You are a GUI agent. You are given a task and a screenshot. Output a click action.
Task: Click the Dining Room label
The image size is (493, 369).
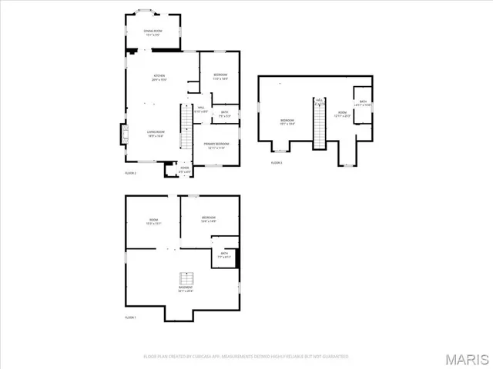(153, 32)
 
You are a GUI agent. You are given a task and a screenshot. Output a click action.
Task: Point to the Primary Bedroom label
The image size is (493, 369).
(215, 145)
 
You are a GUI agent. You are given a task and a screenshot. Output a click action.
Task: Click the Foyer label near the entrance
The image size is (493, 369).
(185, 170)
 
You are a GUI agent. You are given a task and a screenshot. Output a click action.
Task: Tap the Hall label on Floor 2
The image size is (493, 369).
(200, 110)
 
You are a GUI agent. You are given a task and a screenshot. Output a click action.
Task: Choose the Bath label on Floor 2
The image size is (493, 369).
(224, 114)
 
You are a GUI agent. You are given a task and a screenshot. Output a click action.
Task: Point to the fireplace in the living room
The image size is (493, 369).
(123, 134)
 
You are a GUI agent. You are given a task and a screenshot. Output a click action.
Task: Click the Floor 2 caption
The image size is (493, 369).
(130, 173)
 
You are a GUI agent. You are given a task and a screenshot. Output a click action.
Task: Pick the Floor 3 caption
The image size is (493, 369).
(276, 163)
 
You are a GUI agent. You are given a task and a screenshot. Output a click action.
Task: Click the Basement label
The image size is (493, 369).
(185, 291)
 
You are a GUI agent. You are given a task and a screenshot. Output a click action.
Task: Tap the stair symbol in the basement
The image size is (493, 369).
(185, 279)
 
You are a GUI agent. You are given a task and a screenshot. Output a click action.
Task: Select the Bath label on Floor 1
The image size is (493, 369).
(223, 255)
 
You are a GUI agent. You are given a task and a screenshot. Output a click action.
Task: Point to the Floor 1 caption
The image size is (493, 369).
(130, 317)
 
